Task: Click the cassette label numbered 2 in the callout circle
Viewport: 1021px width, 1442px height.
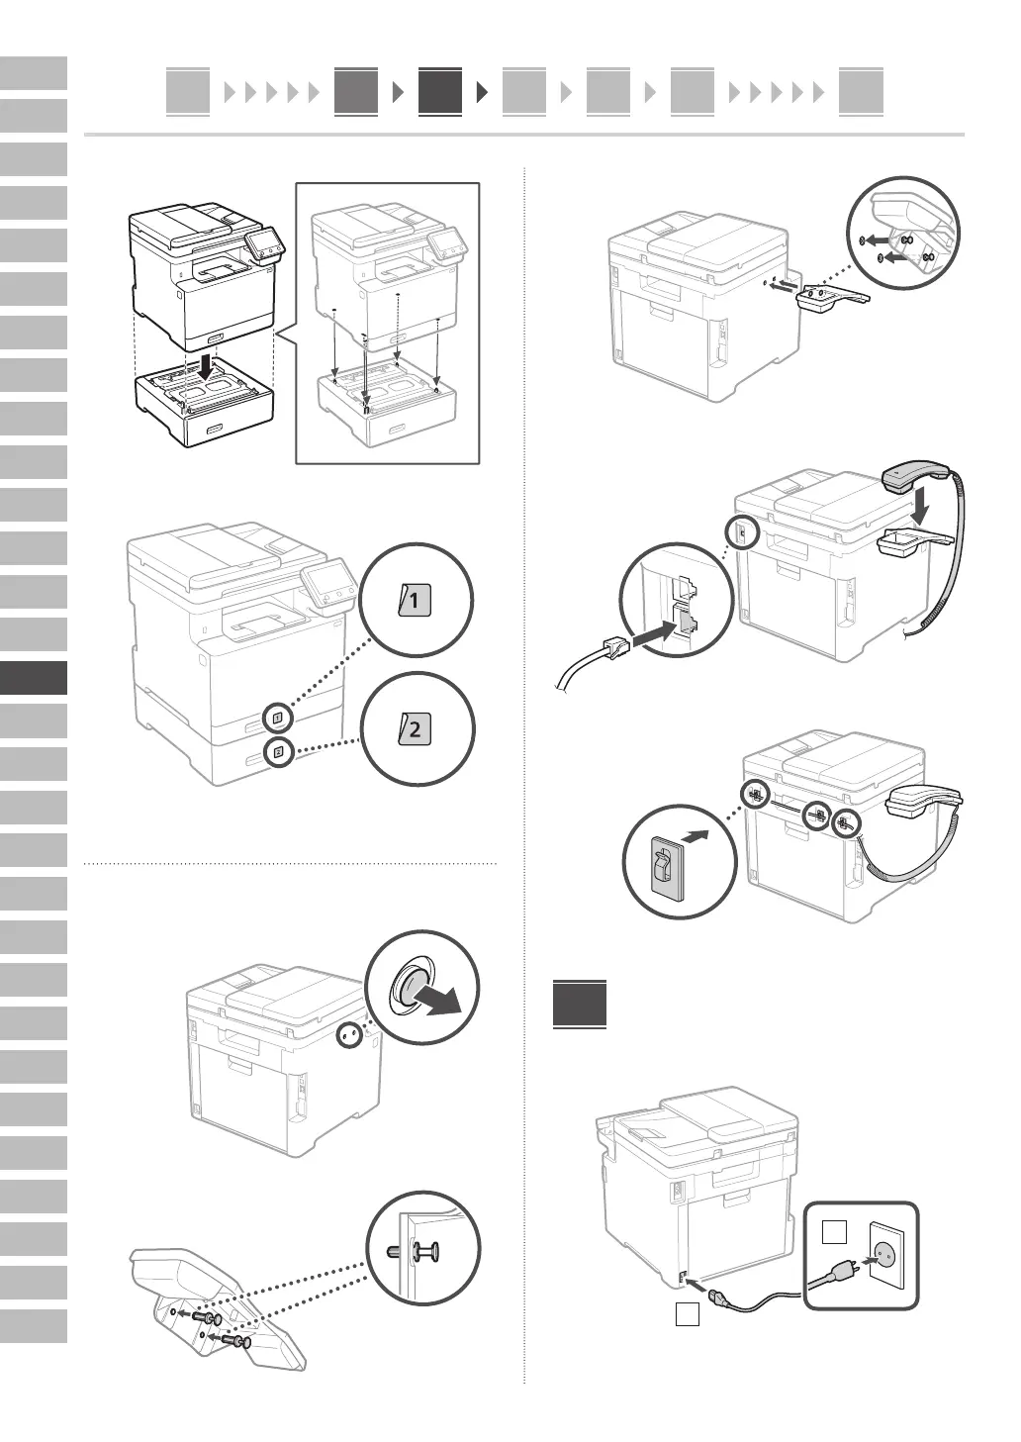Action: tap(416, 730)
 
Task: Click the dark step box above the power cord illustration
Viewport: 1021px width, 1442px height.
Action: tap(580, 1004)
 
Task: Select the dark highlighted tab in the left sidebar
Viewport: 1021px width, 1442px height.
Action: tap(35, 678)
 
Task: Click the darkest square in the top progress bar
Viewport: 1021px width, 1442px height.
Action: tap(439, 92)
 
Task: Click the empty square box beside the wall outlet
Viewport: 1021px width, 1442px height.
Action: tap(835, 1232)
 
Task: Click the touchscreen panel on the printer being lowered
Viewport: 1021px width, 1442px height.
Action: tap(262, 241)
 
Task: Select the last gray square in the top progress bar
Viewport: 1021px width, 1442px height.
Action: tap(860, 92)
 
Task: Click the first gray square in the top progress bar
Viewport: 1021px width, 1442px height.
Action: tap(188, 92)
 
